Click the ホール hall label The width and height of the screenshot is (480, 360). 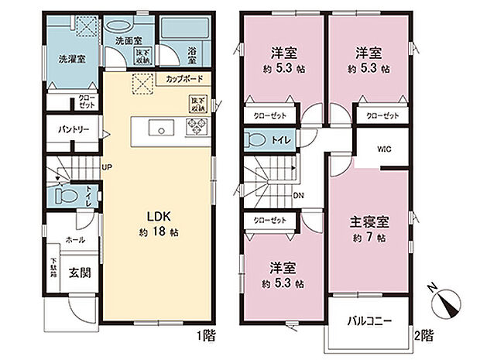[x=75, y=240]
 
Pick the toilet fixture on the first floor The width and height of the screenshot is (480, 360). [x=65, y=195]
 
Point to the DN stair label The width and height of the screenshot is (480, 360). [x=298, y=195]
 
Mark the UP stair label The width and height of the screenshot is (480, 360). [x=105, y=165]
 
